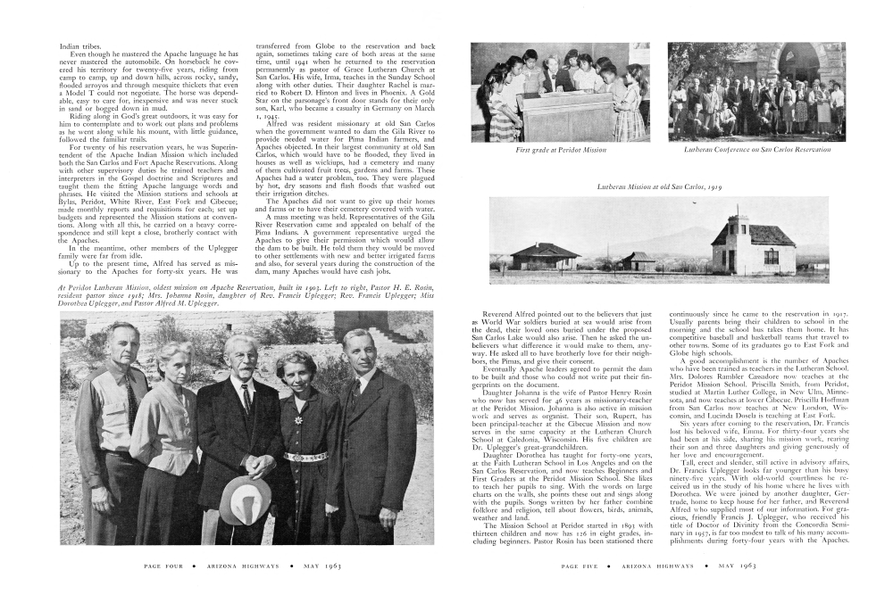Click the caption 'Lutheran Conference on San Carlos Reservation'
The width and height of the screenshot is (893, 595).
755,150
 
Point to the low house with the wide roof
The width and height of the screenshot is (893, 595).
545,256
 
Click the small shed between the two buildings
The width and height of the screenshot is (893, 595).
638,260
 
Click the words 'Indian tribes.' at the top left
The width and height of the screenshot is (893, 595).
80,45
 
